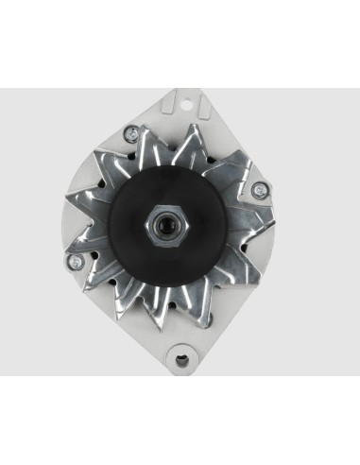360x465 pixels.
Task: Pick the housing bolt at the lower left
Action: click(x=71, y=260)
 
